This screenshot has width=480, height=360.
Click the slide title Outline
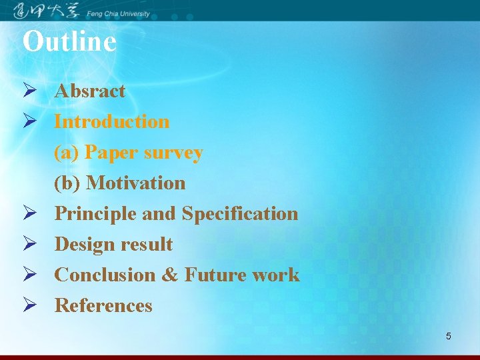(69, 41)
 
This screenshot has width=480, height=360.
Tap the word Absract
(89, 91)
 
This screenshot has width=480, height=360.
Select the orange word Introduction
(111, 121)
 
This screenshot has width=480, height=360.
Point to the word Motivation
(136, 183)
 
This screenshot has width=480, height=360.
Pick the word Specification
(240, 213)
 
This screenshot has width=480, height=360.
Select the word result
(146, 244)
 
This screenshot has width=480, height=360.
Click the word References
(103, 305)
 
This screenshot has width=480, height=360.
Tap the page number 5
(448, 336)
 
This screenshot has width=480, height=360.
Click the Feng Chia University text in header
(119, 13)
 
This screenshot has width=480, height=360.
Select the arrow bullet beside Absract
(29, 91)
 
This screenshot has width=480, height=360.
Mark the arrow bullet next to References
(29, 305)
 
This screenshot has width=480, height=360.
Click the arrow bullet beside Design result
(29, 244)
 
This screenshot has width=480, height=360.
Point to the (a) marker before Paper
(67, 153)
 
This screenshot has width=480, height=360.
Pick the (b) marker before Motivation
(68, 183)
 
